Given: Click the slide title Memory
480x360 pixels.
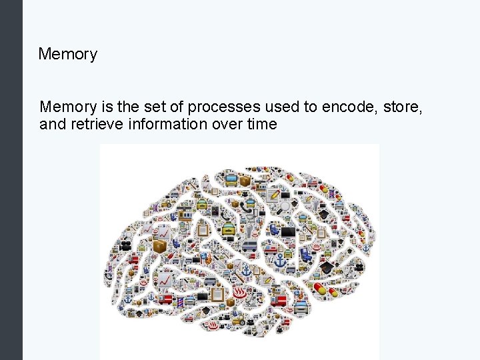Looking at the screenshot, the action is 67,54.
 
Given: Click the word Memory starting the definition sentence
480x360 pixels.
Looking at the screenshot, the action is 69,107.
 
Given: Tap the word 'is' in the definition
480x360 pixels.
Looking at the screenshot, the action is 107,107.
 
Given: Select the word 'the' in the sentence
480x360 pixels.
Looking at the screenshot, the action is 128,107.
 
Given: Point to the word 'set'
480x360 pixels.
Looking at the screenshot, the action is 154,107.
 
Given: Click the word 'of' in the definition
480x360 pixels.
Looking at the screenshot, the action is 175,107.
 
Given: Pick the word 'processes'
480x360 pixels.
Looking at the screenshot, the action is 219,107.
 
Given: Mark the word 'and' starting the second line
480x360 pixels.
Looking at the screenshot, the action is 52,123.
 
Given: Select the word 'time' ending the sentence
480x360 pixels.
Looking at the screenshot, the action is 260,123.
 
